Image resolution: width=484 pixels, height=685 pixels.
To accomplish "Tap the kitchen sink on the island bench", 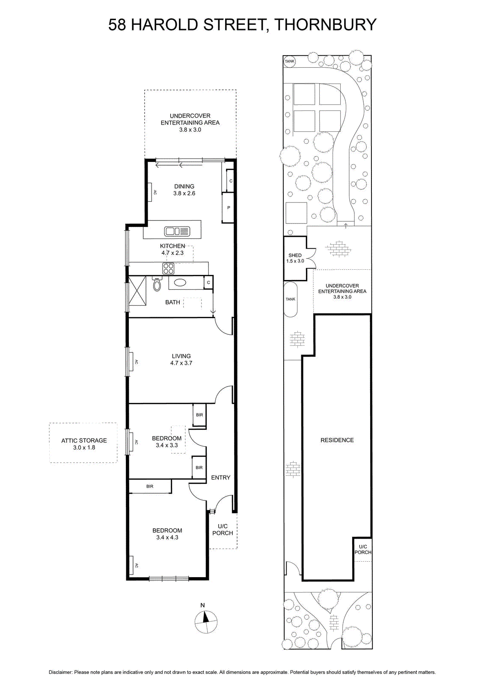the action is (177, 231).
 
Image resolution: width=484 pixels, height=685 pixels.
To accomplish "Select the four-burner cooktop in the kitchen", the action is (168, 268).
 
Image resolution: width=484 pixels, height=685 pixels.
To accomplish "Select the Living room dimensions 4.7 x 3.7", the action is (181, 363).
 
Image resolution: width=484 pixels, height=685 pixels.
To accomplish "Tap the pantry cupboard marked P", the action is (228, 208).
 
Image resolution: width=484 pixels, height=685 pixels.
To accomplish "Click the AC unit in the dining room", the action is (151, 192).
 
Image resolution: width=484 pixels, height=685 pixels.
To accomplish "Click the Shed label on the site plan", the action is (295, 255).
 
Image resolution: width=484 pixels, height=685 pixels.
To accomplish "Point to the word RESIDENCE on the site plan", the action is (337, 440).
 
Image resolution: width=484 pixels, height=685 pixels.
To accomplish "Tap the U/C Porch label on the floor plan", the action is (223, 529).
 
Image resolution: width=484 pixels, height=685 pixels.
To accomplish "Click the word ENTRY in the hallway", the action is (221, 477).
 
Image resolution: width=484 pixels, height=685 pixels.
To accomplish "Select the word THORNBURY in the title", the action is (325, 24).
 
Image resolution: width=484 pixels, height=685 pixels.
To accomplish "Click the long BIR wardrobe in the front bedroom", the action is (150, 486).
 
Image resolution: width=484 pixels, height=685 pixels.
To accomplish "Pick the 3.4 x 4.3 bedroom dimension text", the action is (167, 537).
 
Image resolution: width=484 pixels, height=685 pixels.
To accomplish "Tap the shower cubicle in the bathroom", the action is (137, 291).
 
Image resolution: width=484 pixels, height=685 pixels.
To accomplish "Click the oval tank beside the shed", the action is (291, 299).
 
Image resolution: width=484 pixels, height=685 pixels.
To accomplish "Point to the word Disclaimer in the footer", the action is (60, 672).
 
